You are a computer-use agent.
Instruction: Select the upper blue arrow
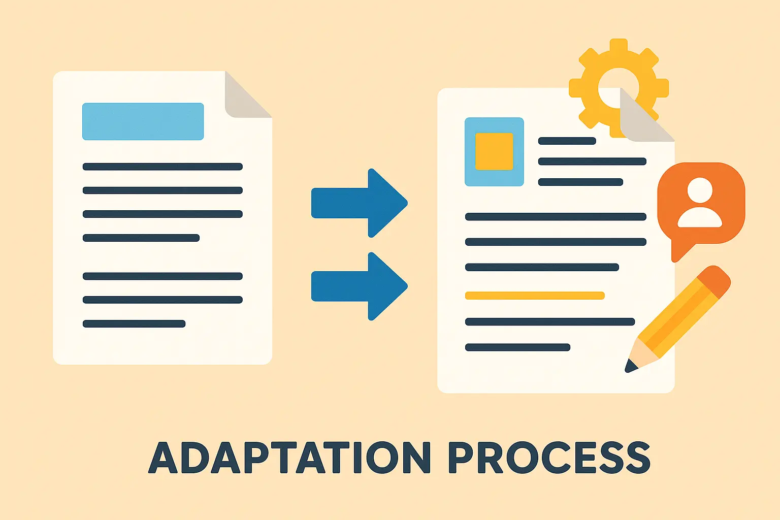[x=361, y=203]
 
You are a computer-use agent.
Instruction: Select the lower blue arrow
[x=361, y=286]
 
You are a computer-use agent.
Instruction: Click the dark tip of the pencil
[x=631, y=366]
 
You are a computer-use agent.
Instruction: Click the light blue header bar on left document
[x=143, y=121]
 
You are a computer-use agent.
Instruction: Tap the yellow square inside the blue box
[x=494, y=151]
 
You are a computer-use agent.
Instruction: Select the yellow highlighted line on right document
[x=535, y=296]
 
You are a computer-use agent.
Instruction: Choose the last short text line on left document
[x=134, y=324]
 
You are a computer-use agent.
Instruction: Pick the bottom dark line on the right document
[x=517, y=347]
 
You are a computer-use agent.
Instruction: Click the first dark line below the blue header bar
[x=162, y=167]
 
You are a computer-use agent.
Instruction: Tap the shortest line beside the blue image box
[x=567, y=141]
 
